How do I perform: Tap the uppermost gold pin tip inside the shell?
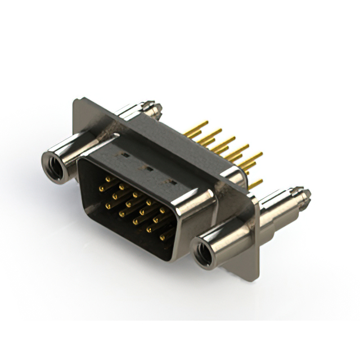click(x=106, y=179)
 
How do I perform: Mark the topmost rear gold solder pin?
click(x=205, y=123)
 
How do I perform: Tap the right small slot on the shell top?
click(x=173, y=182)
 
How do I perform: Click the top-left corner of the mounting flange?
click(x=76, y=101)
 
